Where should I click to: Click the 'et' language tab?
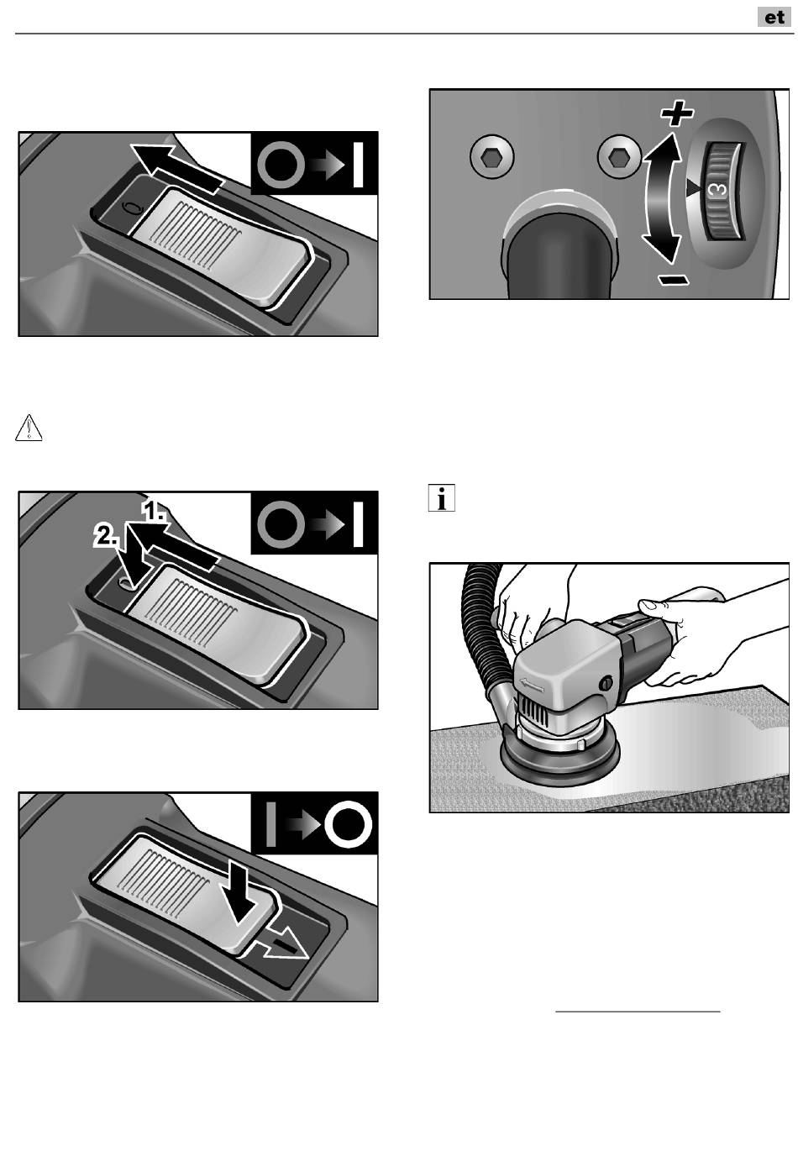pos(774,17)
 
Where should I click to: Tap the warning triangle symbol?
pos(29,428)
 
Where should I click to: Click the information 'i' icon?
pos(442,497)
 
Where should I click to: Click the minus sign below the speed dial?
pos(674,281)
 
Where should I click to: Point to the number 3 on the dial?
pos(719,188)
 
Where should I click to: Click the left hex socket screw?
pos(491,155)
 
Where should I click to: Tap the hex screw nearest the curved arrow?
pos(619,155)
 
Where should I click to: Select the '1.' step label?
pos(155,512)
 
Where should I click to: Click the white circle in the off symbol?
pos(348,823)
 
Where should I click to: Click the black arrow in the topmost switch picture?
pos(176,167)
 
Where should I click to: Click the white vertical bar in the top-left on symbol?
pos(358,165)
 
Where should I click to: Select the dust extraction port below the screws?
pos(560,251)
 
